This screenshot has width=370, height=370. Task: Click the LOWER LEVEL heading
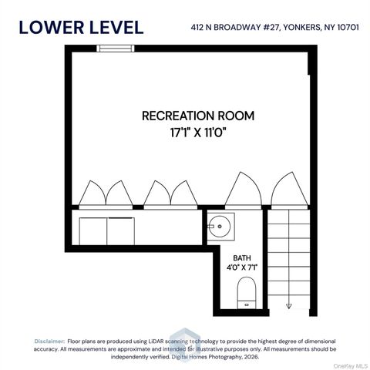[x=81, y=27]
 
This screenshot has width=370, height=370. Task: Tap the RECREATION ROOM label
[x=198, y=116]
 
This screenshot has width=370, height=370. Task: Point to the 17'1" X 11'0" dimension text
[x=198, y=132]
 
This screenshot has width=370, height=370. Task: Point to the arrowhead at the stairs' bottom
[x=288, y=305]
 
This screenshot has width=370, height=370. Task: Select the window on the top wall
[x=113, y=49]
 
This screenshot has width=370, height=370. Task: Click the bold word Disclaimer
[x=49, y=341]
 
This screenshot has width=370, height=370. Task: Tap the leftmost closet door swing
[x=92, y=194]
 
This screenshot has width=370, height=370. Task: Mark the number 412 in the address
[x=199, y=29]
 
